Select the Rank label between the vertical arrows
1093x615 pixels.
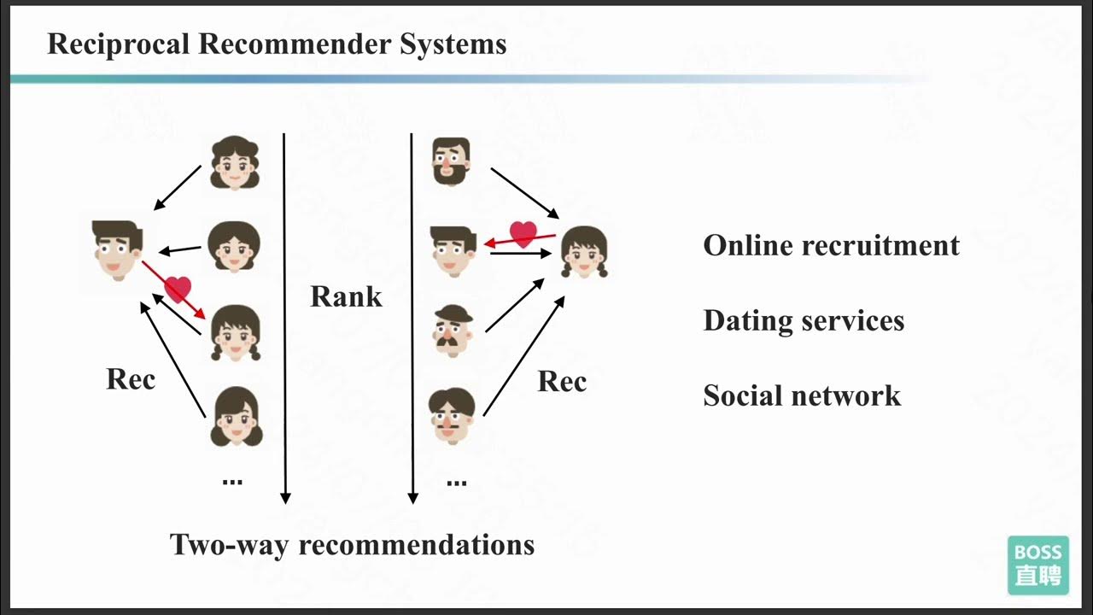click(346, 296)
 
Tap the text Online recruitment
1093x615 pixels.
click(831, 245)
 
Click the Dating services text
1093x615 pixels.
click(804, 320)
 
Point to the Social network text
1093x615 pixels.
click(802, 395)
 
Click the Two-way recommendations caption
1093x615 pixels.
click(352, 544)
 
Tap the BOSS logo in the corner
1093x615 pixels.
click(1037, 565)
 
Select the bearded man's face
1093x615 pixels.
click(451, 161)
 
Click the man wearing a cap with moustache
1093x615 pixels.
click(452, 330)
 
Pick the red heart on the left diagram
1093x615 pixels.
click(178, 290)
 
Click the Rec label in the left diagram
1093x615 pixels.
click(131, 378)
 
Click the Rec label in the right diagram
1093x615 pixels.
click(562, 381)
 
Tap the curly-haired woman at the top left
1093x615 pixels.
click(235, 162)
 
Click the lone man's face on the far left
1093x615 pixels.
click(117, 249)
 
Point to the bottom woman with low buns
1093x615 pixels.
click(236, 417)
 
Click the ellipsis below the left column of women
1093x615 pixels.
click(232, 481)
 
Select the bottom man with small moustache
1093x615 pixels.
click(452, 415)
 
